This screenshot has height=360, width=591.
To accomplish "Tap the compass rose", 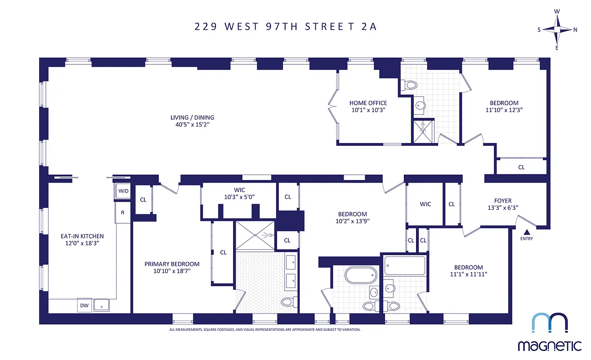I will click(557, 30).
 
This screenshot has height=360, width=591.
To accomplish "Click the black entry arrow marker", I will click(527, 232).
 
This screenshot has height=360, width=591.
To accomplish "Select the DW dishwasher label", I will click(84, 306).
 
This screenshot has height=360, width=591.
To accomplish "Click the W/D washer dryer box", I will click(123, 191).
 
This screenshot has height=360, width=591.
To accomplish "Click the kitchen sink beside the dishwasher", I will click(101, 305).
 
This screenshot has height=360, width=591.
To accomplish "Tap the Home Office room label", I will click(368, 103).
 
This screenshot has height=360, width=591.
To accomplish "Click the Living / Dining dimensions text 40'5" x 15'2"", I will click(192, 125).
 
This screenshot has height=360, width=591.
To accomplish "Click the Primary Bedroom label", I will click(172, 264).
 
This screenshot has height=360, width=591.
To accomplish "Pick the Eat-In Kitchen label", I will click(82, 236).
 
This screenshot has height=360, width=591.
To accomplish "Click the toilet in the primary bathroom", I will click(287, 301).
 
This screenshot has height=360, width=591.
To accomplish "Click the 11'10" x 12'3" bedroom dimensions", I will click(504, 109).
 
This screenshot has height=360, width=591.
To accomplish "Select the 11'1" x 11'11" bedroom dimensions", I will click(468, 274).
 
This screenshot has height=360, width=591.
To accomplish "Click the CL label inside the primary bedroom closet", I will click(223, 252).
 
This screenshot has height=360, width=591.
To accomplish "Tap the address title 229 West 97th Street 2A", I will click(285, 26).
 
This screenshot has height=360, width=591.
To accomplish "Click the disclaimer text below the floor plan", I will click(265, 329).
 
